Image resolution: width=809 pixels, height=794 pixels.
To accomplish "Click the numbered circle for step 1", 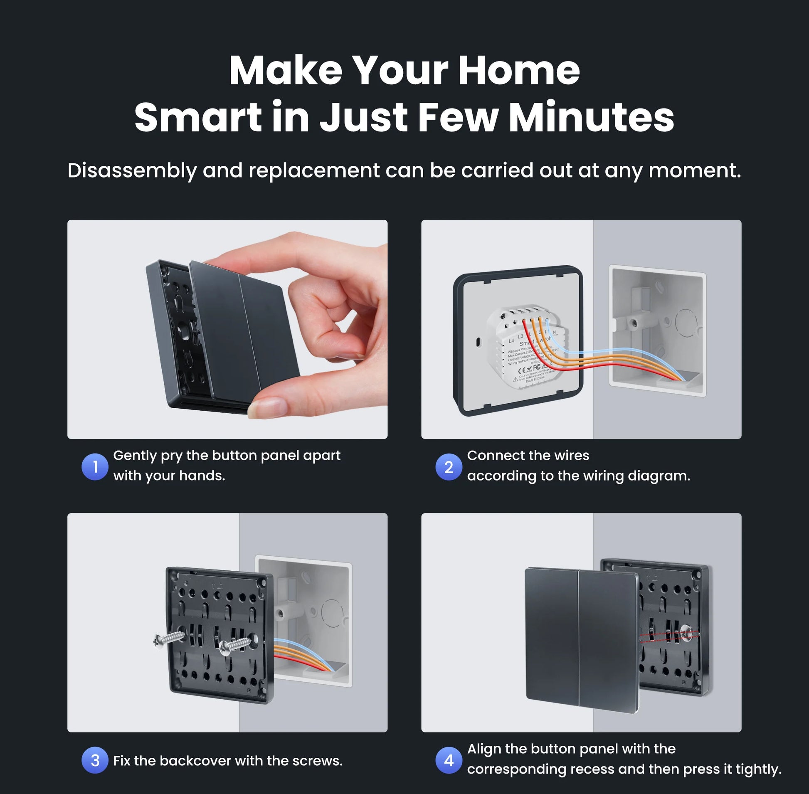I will tap(95, 467).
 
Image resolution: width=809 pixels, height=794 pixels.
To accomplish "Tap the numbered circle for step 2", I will tap(449, 467).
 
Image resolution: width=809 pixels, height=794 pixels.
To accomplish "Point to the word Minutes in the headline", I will tap(591, 117).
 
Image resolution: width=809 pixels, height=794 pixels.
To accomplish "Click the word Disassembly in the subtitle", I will tap(132, 170).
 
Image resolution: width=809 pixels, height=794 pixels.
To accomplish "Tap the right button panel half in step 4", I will tap(607, 640).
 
